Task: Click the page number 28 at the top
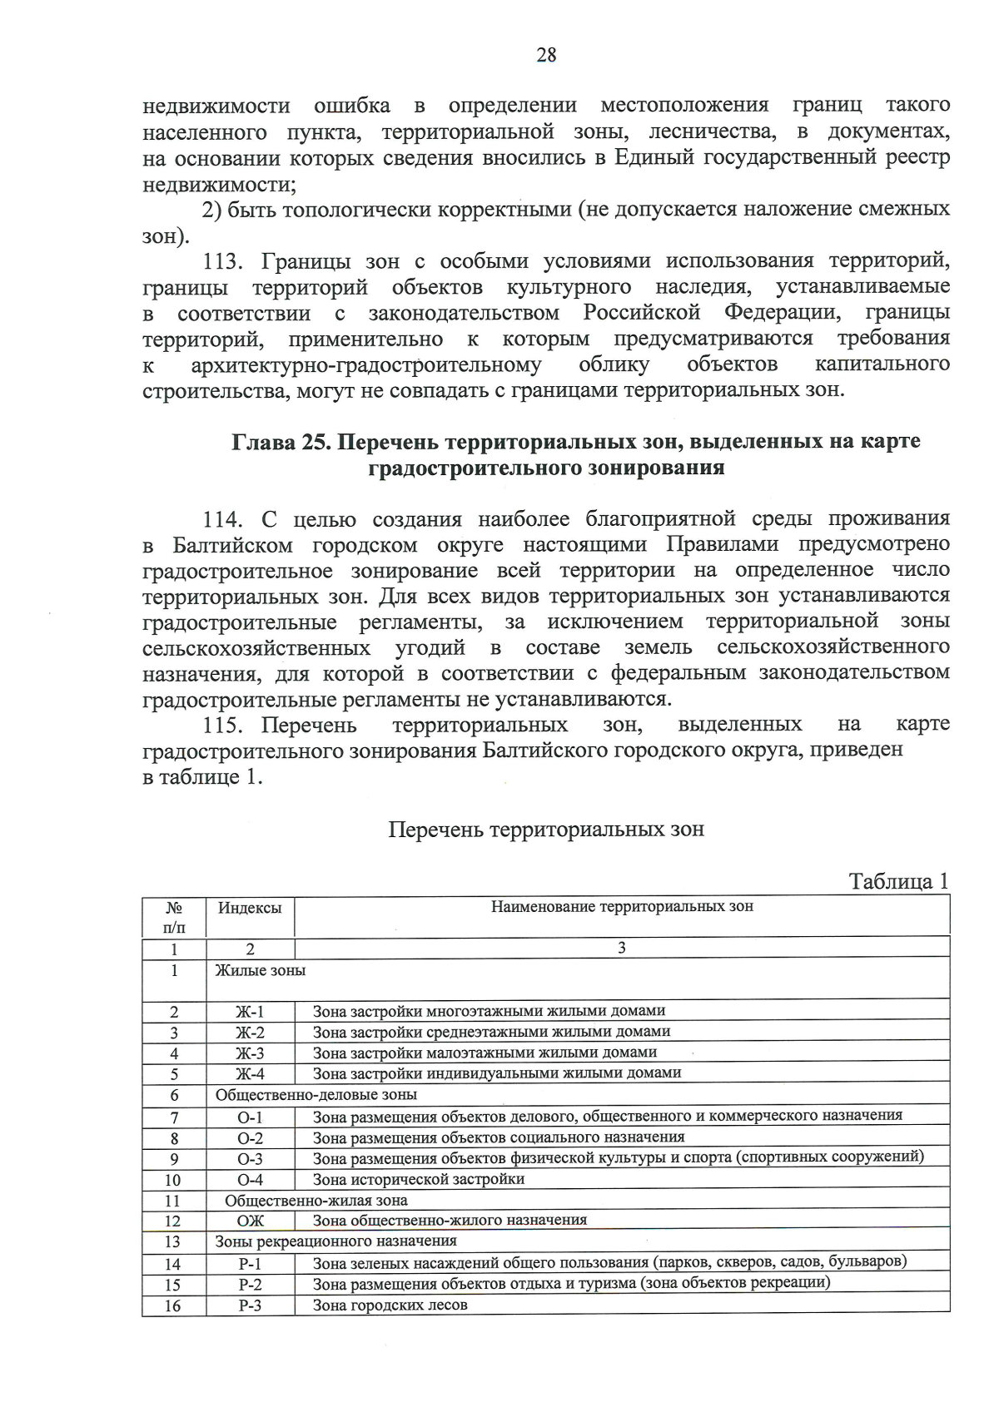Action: click(546, 56)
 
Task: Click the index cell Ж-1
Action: click(250, 1012)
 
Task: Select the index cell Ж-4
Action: click(250, 1074)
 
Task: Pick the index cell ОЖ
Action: click(250, 1221)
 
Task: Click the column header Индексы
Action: click(250, 908)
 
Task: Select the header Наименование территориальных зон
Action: click(621, 906)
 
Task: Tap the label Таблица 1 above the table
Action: click(898, 881)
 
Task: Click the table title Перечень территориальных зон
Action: click(546, 830)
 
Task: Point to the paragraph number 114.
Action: click(222, 520)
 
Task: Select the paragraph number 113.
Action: click(222, 261)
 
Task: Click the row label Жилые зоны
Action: click(260, 970)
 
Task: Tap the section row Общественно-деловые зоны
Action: click(316, 1095)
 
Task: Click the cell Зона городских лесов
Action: click(390, 1305)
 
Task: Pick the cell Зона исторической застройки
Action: click(418, 1179)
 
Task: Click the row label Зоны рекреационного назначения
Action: click(335, 1241)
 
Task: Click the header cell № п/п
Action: click(174, 917)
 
